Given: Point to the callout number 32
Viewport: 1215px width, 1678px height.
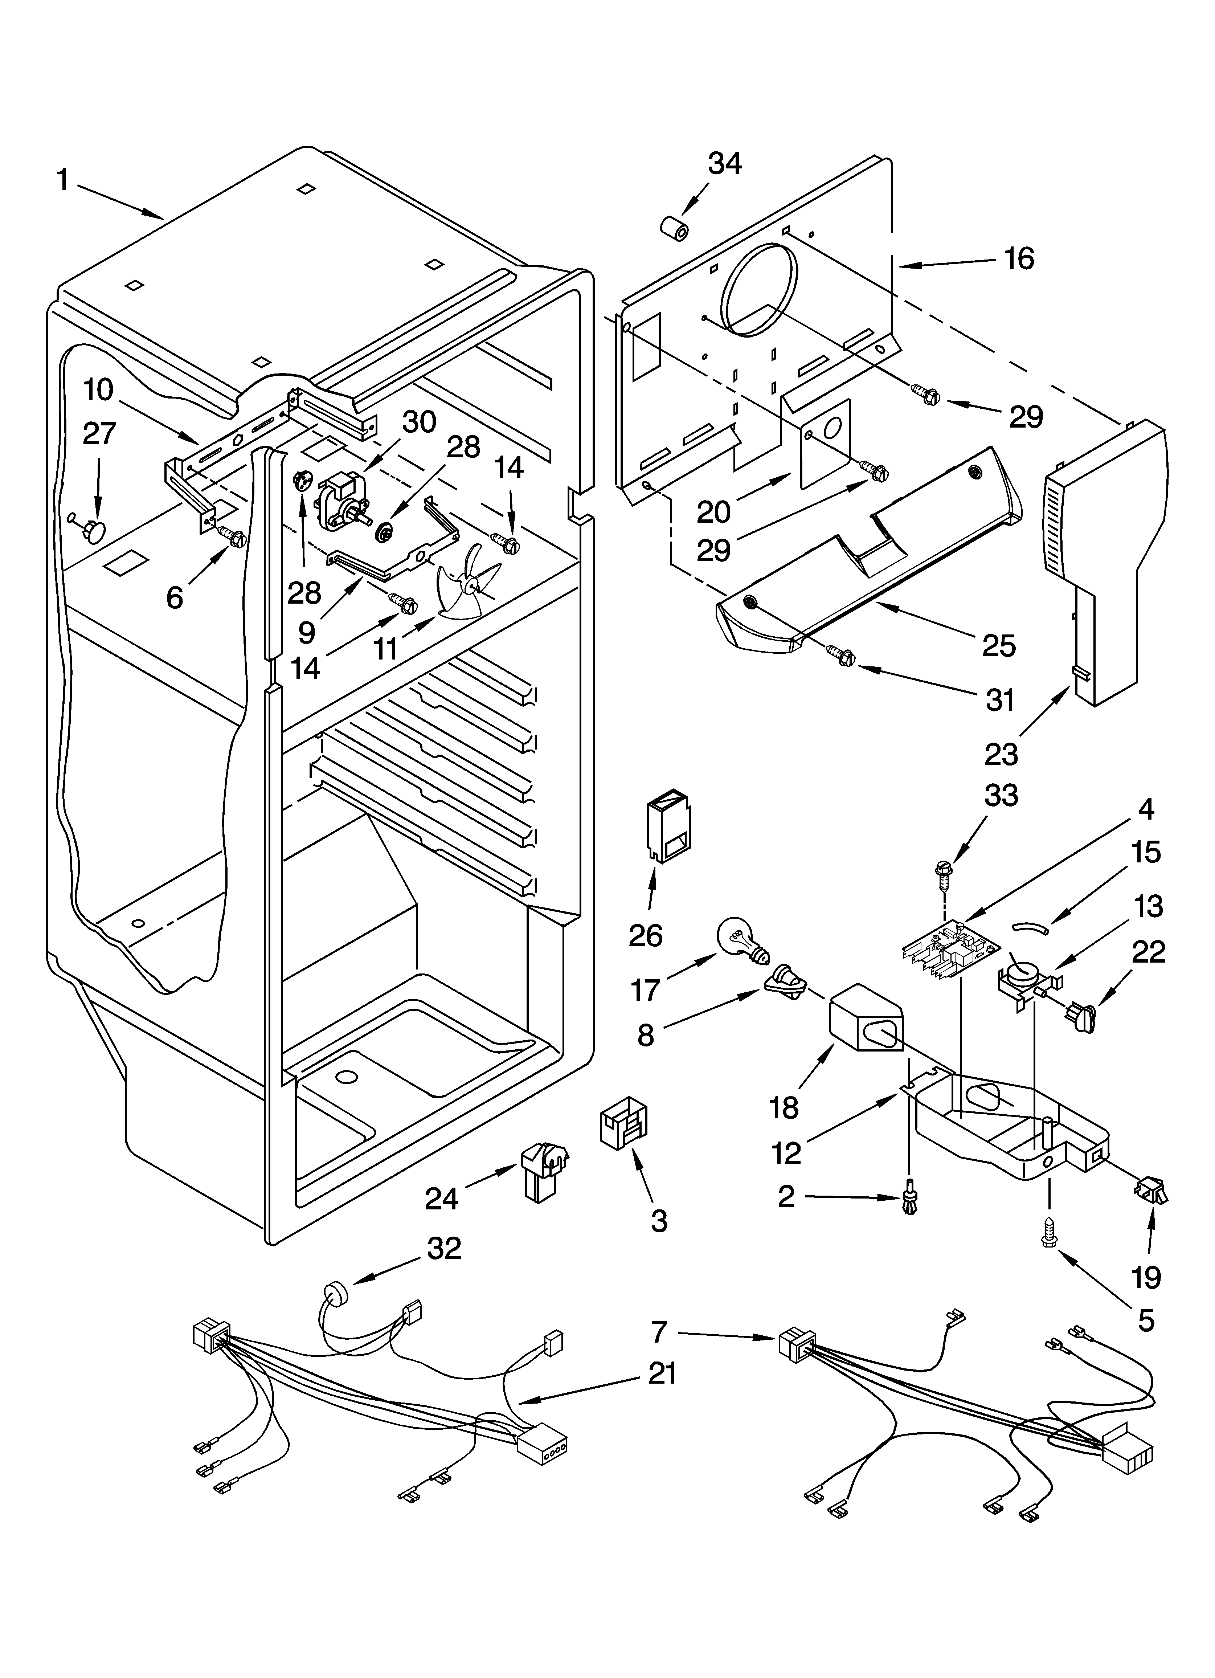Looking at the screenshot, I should [444, 1248].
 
